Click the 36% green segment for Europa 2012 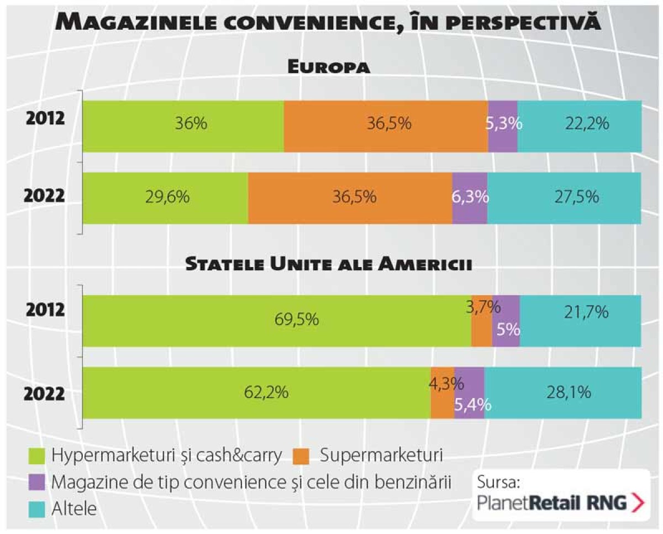(183, 126)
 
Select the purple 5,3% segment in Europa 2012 (503, 126)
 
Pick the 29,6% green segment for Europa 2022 (165, 198)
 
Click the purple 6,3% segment (470, 198)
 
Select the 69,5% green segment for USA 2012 (277, 321)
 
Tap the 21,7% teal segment (581, 321)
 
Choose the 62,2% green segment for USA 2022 (256, 393)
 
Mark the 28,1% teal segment (563, 393)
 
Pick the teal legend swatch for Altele (36, 508)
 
